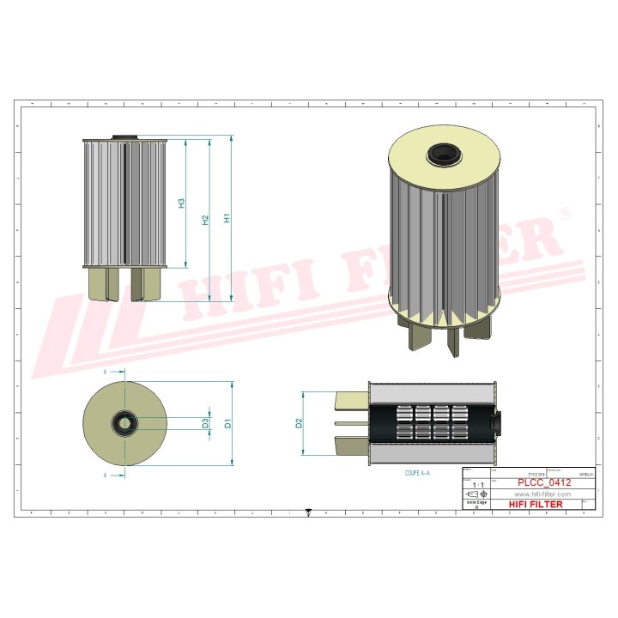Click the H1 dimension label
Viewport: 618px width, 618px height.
tap(227, 219)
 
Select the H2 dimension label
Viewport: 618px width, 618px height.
tap(205, 221)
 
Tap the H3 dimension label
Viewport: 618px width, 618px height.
tap(181, 204)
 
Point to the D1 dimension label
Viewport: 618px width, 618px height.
tap(227, 423)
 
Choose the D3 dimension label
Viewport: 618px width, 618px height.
tap(205, 423)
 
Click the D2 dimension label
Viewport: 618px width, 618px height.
tap(299, 423)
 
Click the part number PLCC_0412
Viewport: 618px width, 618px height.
tap(542, 484)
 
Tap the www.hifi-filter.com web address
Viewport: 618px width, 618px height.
tap(542, 494)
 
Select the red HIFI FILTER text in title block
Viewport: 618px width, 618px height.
tap(536, 505)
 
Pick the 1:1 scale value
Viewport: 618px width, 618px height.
tap(476, 485)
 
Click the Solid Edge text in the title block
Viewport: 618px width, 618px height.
tap(476, 504)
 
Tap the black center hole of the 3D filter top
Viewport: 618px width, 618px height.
tap(445, 155)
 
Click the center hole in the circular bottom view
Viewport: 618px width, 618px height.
tap(124, 423)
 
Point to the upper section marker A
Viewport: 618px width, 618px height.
tap(105, 373)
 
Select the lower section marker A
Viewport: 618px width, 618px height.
tap(105, 474)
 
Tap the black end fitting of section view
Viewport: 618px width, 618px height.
tap(494, 423)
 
